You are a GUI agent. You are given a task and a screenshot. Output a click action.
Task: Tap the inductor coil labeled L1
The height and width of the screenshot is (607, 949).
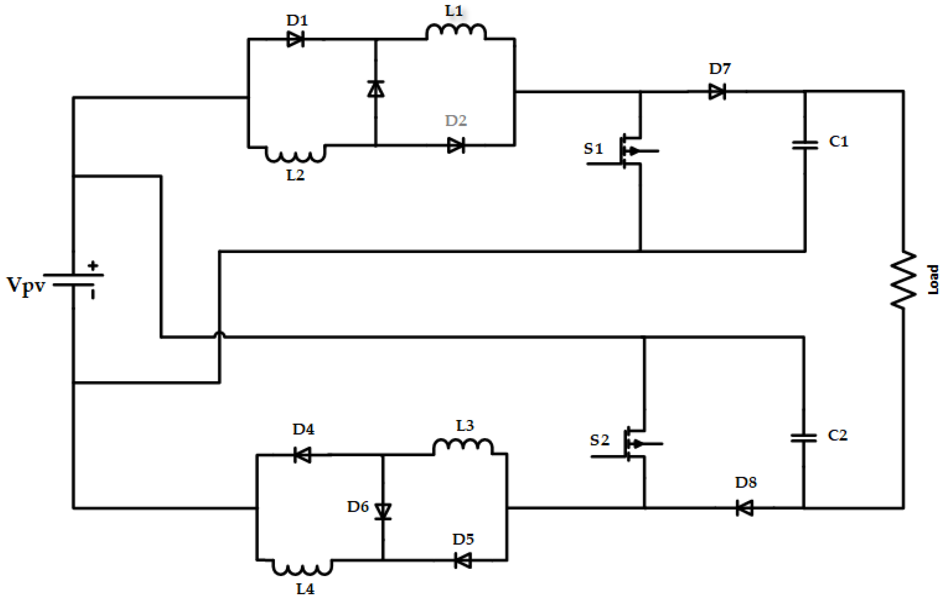(x=456, y=32)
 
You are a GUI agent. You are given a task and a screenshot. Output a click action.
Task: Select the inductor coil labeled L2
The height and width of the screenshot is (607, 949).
(x=295, y=155)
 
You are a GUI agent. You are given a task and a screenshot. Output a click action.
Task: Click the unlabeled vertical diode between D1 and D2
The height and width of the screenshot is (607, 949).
(x=376, y=89)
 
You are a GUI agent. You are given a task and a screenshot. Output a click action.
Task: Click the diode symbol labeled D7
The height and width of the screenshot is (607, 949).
(x=717, y=92)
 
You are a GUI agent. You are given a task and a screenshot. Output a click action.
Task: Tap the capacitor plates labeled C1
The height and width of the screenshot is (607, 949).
(x=805, y=145)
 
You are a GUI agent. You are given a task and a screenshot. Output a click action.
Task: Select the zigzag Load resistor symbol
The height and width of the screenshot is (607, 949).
(x=903, y=280)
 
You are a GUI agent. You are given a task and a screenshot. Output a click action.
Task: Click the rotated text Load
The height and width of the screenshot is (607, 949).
(x=933, y=280)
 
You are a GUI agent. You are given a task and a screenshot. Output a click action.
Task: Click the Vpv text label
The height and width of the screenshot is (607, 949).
(x=26, y=285)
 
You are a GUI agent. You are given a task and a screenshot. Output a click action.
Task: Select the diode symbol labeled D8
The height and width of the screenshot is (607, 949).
(x=745, y=508)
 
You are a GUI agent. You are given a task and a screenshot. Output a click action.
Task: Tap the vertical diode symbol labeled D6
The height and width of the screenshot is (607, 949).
(x=383, y=511)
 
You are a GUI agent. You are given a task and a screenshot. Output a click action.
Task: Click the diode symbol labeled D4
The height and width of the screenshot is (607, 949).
(x=303, y=455)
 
